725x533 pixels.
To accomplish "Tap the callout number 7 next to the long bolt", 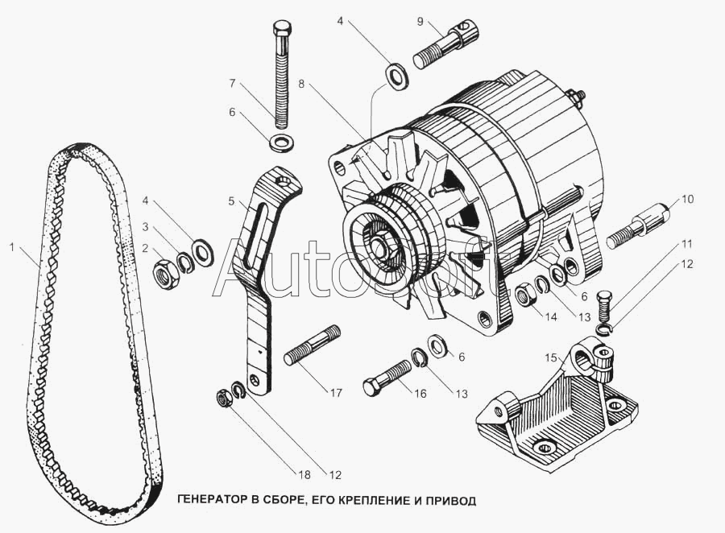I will click(x=232, y=83).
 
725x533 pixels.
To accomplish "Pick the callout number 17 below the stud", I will click(x=335, y=394).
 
